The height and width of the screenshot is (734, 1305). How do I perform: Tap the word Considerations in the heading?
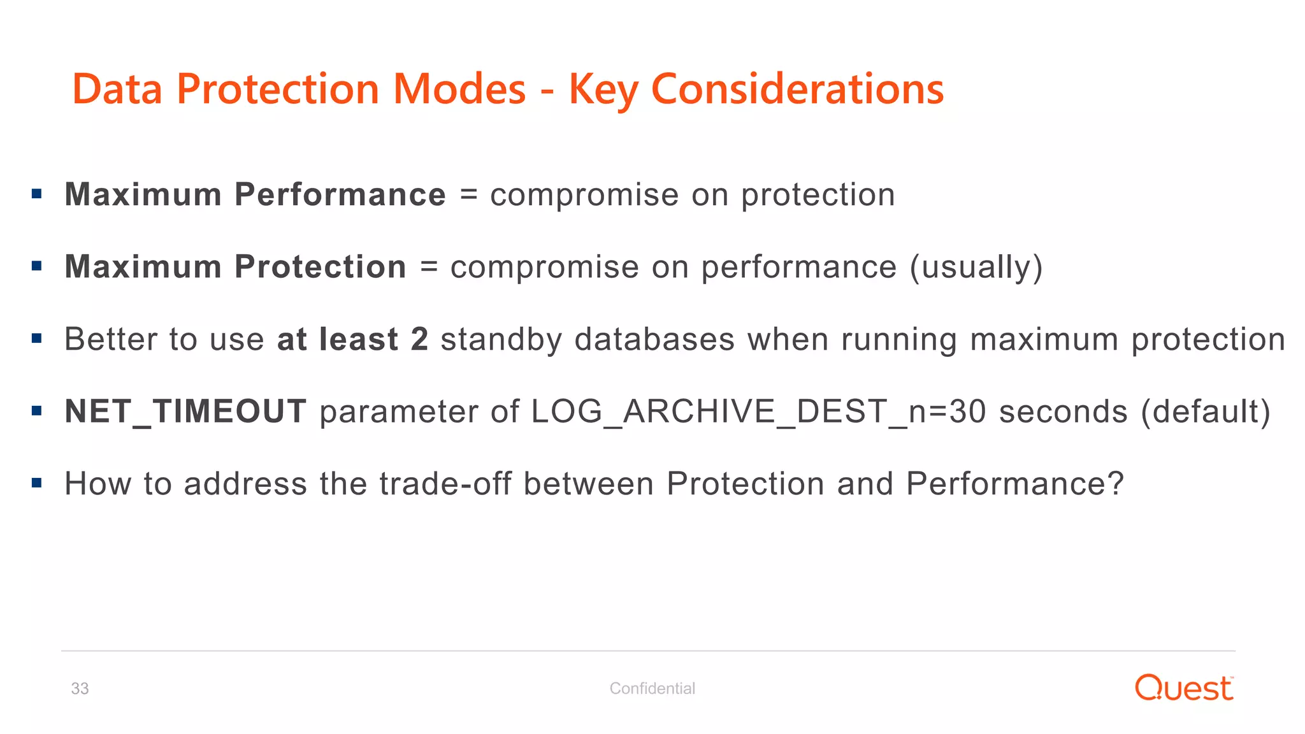click(797, 89)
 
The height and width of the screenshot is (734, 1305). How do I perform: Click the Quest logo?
click(1184, 688)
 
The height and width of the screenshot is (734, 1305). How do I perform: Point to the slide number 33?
click(80, 689)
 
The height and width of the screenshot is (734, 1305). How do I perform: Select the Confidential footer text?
click(652, 689)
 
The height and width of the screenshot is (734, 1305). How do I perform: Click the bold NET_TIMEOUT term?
click(185, 412)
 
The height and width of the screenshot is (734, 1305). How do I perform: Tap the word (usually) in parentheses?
click(976, 267)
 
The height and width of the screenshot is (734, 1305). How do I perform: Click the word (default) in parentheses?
click(1206, 412)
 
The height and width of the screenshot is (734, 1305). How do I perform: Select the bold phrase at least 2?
click(352, 340)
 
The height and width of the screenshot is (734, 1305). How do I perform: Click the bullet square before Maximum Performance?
click(37, 194)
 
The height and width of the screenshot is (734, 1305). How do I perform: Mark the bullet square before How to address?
click(37, 483)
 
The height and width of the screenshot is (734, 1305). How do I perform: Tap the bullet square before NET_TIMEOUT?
click(37, 411)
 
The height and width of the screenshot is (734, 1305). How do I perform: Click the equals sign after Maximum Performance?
click(468, 195)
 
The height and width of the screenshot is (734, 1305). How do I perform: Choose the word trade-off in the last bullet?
click(445, 484)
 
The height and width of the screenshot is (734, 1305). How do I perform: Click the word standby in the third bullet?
click(501, 340)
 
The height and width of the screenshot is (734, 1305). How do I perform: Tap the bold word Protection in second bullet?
click(321, 267)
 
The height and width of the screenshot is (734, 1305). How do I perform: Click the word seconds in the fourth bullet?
click(1063, 412)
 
